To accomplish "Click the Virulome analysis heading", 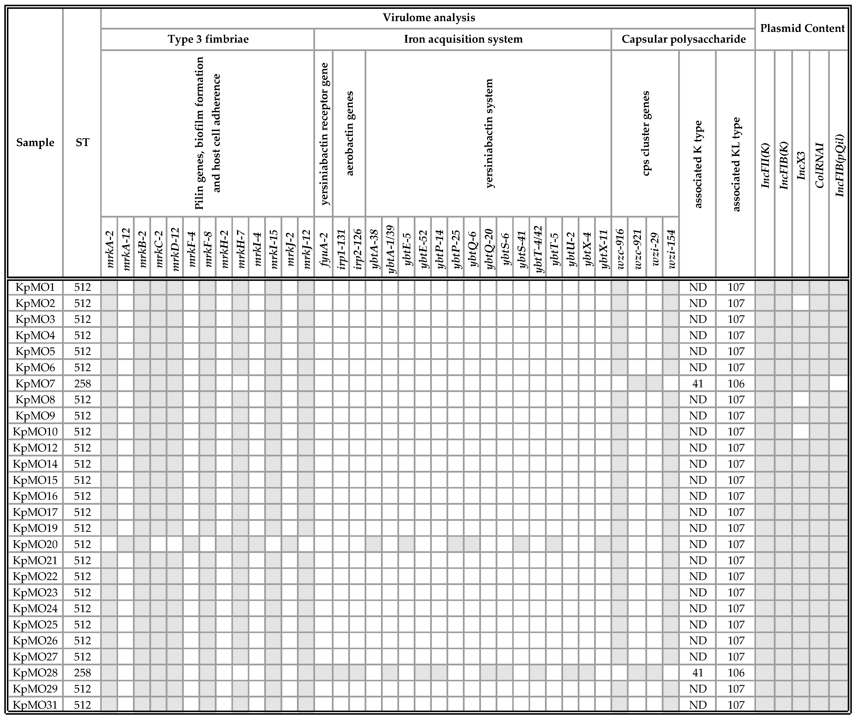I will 428,17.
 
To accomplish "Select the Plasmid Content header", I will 802,28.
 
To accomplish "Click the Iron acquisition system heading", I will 463,39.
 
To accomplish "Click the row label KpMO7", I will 35,383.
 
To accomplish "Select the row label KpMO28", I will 35,672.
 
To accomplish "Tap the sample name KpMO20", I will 35,544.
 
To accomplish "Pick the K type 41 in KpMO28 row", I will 698,672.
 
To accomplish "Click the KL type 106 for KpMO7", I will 736,383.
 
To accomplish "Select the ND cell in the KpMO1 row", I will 698,287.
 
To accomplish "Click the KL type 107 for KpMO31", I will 736,705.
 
